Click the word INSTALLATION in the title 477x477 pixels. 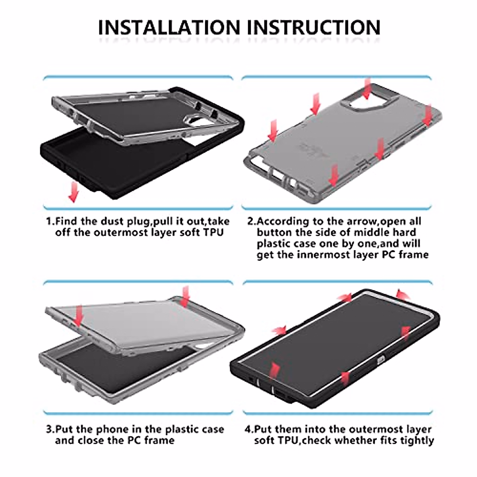pos(169,27)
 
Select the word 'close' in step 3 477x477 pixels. pos(94,440)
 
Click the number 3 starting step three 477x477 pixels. pos(49,429)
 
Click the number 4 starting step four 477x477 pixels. pos(248,429)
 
